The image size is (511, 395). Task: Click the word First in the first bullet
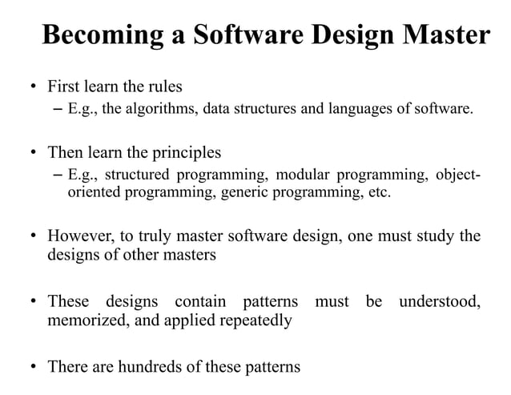65,86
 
